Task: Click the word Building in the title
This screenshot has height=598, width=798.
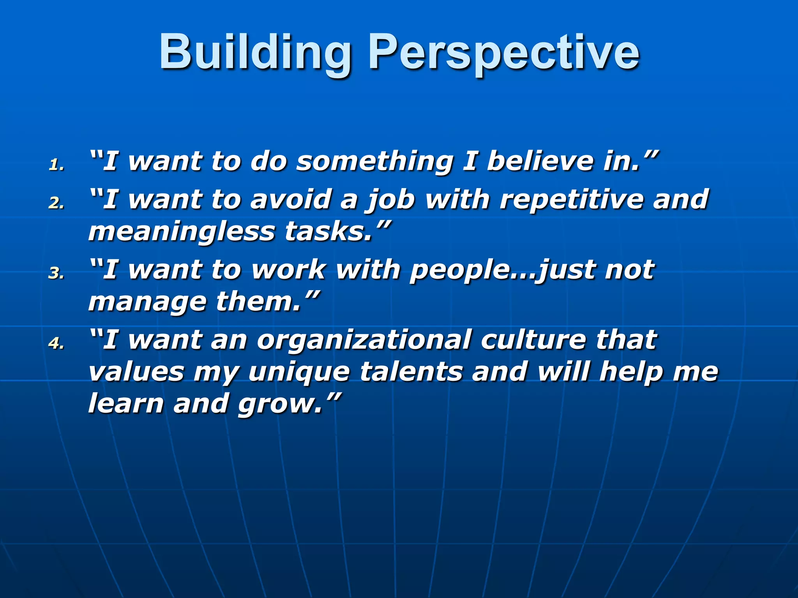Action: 255,53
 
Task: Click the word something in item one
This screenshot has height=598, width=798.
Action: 374,162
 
